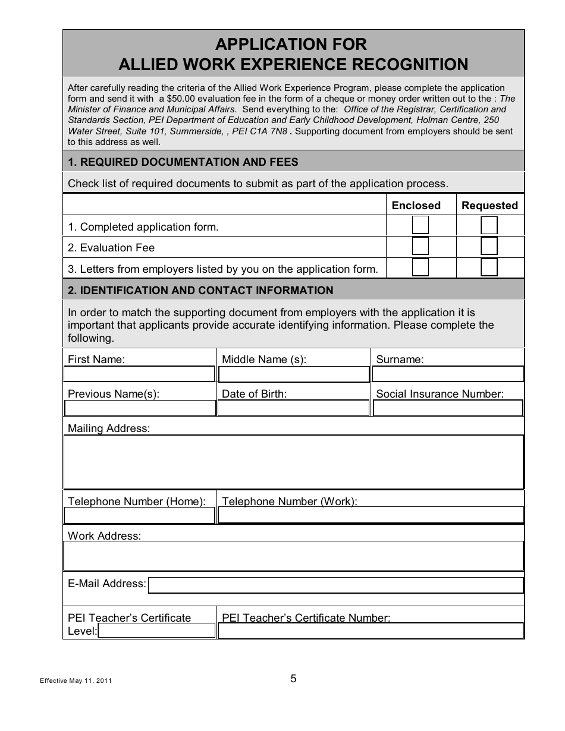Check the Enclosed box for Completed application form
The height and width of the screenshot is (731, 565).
point(420,225)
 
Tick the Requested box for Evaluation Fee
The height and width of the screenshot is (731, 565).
point(489,246)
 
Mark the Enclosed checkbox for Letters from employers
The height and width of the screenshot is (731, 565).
point(420,267)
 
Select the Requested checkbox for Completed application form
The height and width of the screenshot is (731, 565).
point(489,225)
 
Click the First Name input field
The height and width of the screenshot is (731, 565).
point(139,374)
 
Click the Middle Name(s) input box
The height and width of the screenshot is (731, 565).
point(294,374)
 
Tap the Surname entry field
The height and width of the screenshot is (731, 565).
point(447,374)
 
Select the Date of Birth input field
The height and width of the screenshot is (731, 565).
point(294,408)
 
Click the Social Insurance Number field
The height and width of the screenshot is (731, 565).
point(447,408)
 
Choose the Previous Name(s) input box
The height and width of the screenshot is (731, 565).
point(139,408)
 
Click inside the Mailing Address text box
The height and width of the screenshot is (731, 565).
point(293,462)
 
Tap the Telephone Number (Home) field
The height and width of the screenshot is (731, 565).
point(139,515)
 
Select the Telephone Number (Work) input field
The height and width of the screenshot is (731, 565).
point(371,515)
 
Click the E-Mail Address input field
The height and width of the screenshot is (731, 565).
point(335,586)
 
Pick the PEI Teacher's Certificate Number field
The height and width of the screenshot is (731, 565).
point(371,631)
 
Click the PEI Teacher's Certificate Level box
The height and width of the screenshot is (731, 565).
point(156,631)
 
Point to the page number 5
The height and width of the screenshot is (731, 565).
point(293,679)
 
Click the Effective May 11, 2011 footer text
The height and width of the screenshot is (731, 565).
point(76,681)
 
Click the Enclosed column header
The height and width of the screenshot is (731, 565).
point(416,206)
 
